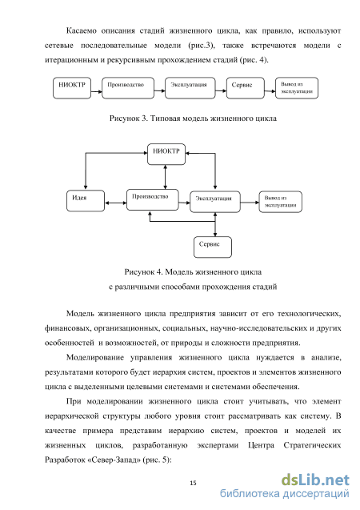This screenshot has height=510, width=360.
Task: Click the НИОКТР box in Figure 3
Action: pos(72,88)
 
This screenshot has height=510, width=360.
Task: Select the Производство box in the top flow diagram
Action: pos(128,88)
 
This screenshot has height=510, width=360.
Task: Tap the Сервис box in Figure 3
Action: pos(246,88)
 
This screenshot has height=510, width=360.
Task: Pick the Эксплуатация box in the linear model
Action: pos(190,88)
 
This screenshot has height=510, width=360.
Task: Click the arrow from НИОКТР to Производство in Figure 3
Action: pos(97,91)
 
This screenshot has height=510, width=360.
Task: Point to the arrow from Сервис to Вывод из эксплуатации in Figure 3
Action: pos(270,91)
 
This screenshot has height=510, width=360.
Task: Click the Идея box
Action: pos(86,201)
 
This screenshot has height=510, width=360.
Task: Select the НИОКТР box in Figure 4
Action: pos(166,155)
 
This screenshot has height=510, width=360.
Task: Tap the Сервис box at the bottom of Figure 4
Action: pos(213,247)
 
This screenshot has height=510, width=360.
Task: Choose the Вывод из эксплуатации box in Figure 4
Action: pos(280,202)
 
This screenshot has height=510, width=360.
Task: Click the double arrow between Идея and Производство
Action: pos(116,203)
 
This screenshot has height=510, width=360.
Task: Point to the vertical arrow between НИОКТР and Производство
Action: pos(166,177)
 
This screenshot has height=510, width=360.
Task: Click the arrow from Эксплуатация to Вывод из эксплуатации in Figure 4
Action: pos(250,203)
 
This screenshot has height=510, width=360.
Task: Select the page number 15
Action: pos(193,483)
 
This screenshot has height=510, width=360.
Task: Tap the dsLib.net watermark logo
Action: pos(315,480)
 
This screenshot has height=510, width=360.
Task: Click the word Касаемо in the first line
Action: pos(82,31)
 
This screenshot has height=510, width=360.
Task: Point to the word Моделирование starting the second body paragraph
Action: pos(95,358)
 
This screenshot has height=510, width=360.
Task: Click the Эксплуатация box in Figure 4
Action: pos(215,202)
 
